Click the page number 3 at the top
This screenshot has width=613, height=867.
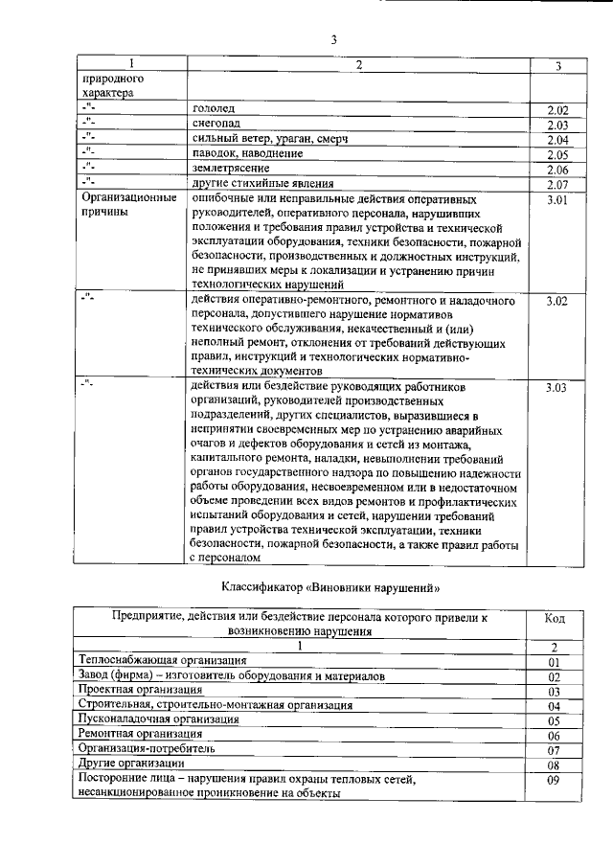334,39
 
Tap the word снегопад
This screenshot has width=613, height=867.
216,125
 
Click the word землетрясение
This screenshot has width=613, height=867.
231,169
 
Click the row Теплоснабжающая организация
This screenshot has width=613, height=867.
163,661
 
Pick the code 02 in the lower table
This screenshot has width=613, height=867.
554,676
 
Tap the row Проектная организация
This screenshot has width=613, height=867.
141,690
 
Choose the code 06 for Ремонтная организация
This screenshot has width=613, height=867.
554,735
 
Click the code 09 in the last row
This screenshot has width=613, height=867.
554,780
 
